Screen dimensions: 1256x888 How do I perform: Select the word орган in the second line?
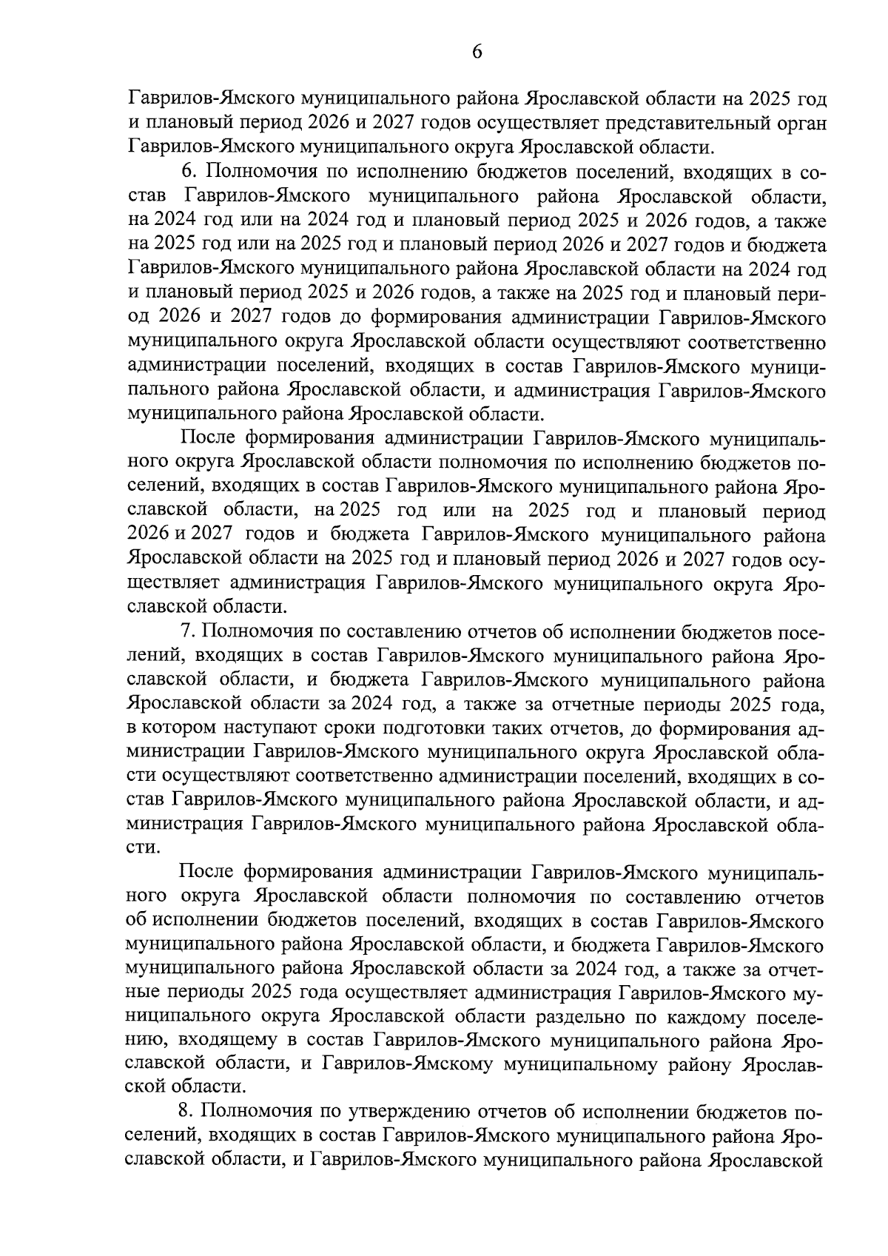(799, 121)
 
